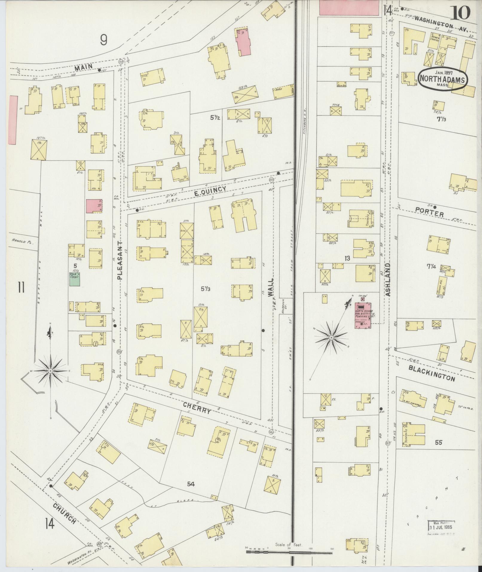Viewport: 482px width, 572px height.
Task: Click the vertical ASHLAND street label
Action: pyautogui.click(x=388, y=280)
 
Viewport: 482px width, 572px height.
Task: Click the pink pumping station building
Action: pyautogui.click(x=362, y=316)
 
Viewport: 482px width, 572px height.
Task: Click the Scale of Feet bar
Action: pyautogui.click(x=289, y=551)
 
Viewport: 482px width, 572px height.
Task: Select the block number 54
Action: pyautogui.click(x=191, y=484)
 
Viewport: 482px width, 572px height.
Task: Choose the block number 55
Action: pyautogui.click(x=438, y=442)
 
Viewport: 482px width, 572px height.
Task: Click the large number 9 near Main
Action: pyautogui.click(x=103, y=40)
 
